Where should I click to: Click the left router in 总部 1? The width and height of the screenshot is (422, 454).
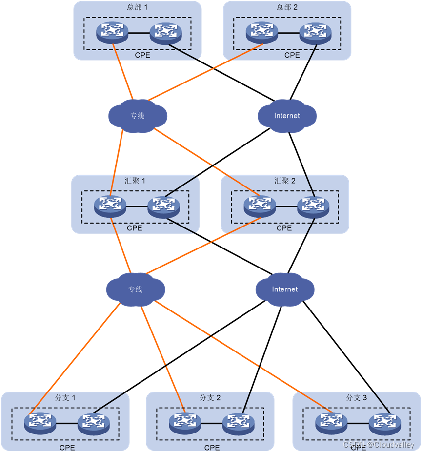[112, 33]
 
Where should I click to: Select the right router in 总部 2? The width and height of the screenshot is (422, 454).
[315, 33]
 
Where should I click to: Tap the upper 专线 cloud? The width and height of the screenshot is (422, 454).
[137, 116]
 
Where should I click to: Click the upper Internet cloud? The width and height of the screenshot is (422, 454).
[287, 116]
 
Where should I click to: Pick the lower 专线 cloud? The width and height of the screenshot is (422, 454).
[135, 289]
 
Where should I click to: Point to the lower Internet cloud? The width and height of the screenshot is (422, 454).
[284, 289]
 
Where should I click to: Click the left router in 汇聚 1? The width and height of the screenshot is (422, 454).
[110, 206]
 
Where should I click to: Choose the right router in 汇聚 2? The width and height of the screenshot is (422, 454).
[313, 206]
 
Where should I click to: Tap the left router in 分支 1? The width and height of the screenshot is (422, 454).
[40, 423]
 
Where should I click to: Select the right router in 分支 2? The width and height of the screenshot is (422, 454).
[239, 423]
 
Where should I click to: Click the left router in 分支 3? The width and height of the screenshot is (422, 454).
[331, 423]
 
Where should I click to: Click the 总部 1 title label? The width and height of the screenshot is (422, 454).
[137, 7]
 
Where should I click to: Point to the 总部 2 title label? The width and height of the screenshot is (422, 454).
[287, 7]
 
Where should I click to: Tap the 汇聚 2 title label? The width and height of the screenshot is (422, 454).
[285, 181]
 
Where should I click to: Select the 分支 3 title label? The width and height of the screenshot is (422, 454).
[357, 398]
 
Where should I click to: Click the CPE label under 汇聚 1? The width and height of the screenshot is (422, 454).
[134, 228]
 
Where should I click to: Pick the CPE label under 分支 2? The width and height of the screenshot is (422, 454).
[212, 448]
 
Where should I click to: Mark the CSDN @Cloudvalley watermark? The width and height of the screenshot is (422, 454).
[379, 445]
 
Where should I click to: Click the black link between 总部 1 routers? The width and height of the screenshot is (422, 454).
[139, 33]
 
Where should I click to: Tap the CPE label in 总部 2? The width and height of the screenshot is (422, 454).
[292, 55]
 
